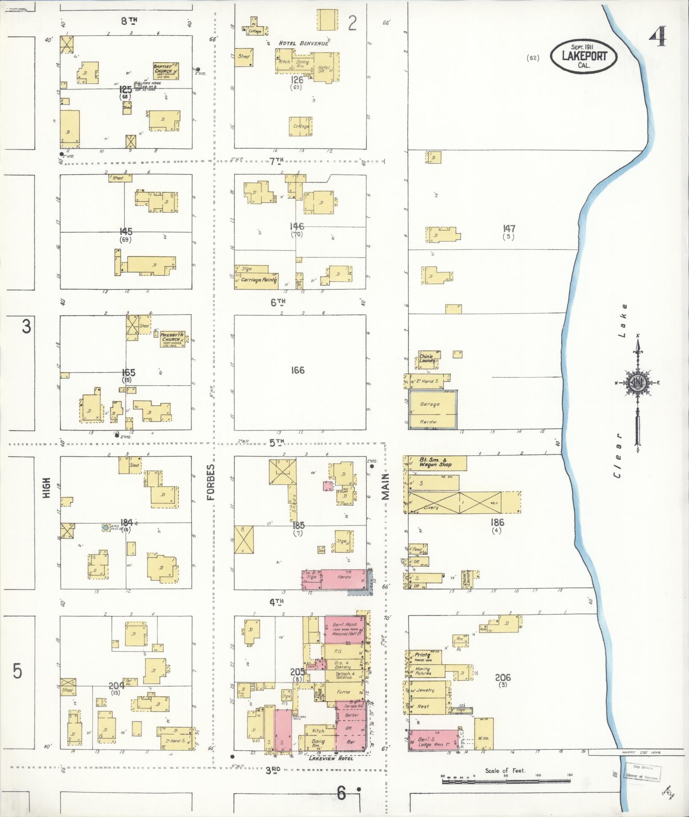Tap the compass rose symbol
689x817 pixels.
point(638,382)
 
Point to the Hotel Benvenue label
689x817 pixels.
point(304,43)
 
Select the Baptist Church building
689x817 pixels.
point(166,71)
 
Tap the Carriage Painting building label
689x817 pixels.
point(259,280)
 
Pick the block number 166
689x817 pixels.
point(297,370)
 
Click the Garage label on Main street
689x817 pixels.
point(430,404)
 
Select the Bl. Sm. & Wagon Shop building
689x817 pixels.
point(435,463)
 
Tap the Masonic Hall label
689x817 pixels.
point(344,634)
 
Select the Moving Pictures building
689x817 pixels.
point(423,672)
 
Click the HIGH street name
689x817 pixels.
point(47,487)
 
